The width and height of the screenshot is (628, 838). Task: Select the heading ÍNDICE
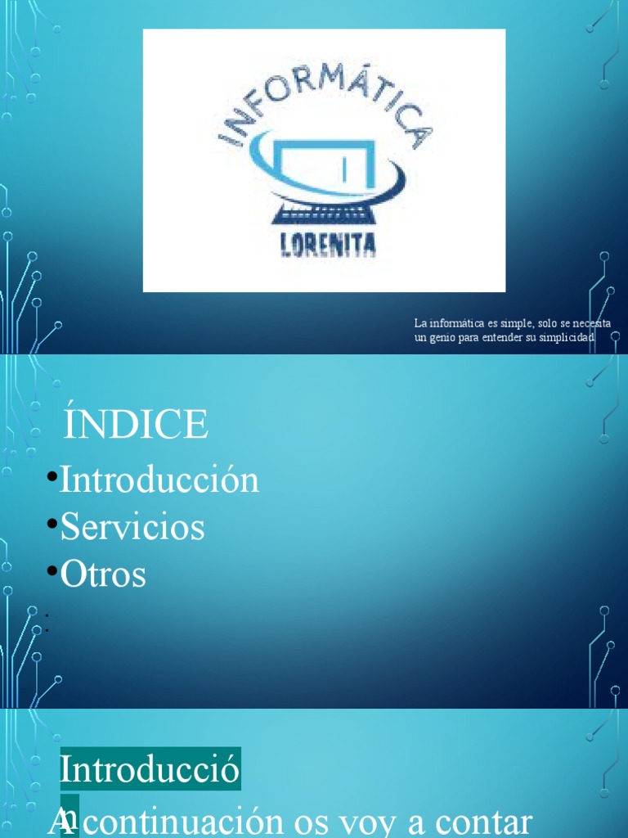point(136,425)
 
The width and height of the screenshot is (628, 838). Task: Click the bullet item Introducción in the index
point(159,480)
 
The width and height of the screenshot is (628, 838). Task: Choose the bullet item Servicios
point(132,527)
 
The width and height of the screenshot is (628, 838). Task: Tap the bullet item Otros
point(103,574)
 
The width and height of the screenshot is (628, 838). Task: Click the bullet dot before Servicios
point(52,524)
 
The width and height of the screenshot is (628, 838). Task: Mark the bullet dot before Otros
point(52,571)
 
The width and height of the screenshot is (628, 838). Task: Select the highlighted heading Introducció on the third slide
point(150,770)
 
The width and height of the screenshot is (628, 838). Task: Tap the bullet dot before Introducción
point(52,476)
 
